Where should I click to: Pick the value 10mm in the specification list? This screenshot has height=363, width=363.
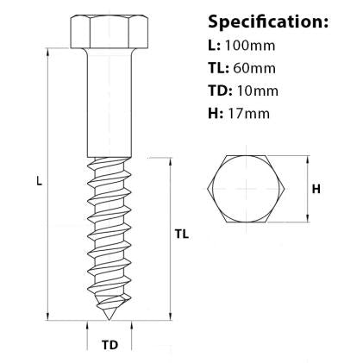[260, 90]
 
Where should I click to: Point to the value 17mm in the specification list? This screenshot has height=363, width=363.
[253, 112]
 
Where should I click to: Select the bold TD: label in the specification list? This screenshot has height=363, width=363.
[221, 90]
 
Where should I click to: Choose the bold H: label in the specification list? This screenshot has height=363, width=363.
[216, 112]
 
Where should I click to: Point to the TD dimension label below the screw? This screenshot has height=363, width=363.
[110, 346]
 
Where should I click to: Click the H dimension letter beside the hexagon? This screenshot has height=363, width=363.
[316, 189]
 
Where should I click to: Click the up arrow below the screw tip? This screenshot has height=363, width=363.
[88, 326]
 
